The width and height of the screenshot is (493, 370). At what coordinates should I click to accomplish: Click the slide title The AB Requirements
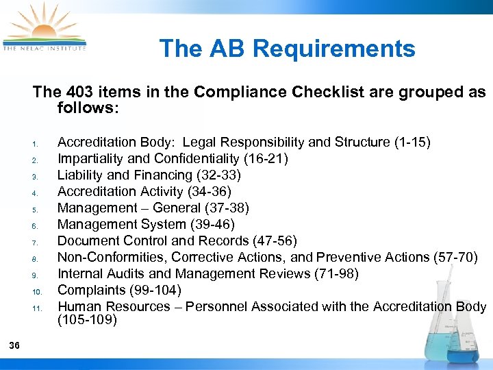pos(287,49)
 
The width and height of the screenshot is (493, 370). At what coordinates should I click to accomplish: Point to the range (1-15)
pos(413,142)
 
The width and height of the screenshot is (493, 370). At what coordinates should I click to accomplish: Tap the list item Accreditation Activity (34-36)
pos(144,191)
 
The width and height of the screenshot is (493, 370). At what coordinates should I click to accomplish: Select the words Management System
pos(121,224)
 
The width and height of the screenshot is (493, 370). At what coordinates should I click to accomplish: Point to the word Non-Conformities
pos(112,257)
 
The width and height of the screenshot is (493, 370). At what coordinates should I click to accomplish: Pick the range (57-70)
pos(456,257)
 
